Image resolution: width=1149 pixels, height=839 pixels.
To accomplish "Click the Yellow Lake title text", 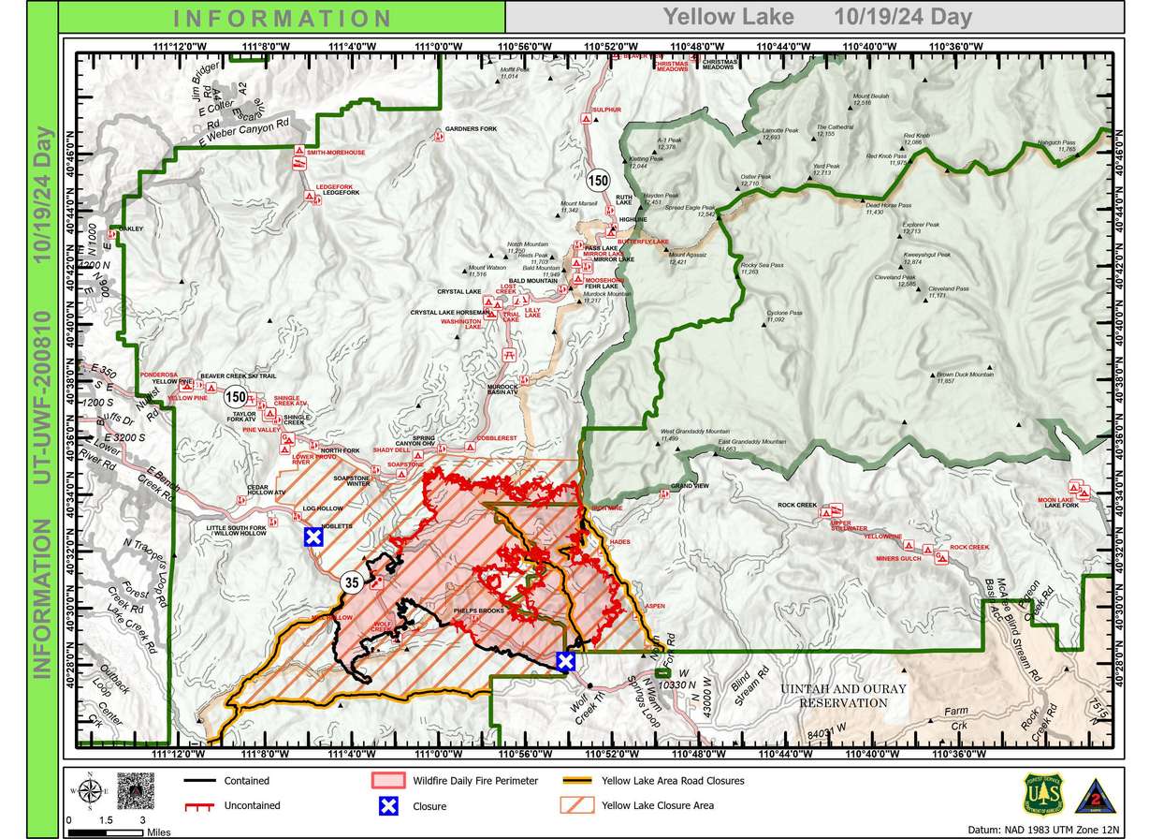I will [729, 17].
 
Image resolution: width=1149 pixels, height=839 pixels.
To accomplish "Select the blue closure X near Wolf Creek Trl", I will [565, 661].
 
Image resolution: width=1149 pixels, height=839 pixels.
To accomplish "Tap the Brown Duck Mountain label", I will [964, 375].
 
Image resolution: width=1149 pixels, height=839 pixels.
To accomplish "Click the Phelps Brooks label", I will [478, 611].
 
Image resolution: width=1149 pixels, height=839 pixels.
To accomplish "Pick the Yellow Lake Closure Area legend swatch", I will [577, 804].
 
